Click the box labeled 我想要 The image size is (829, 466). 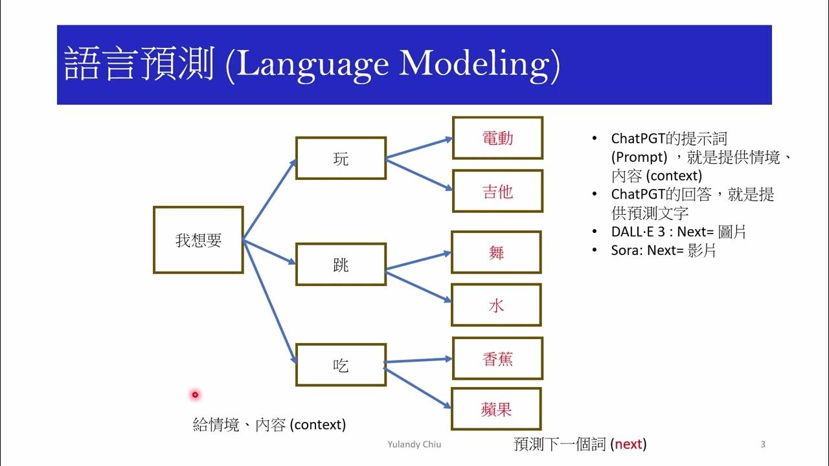tap(198, 240)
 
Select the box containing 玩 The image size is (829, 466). tap(341, 158)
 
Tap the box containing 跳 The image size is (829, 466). tap(341, 264)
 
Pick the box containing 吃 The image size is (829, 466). tap(341, 365)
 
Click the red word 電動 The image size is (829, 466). tap(497, 138)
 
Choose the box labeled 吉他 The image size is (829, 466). tap(497, 191)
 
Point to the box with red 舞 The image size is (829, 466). tap(496, 252)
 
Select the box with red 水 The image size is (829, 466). tap(496, 305)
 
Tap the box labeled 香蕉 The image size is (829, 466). tap(497, 359)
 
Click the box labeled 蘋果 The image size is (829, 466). tap(496, 409)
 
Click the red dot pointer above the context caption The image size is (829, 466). tap(194, 394)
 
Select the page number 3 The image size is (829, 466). tap(762, 444)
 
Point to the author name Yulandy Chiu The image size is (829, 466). tap(414, 445)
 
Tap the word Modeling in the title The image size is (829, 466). tap(479, 65)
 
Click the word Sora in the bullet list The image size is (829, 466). tap(625, 250)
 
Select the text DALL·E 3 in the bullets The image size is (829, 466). tap(637, 232)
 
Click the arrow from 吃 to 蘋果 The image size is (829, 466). tap(418, 386)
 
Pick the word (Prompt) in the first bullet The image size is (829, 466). tap(639, 157)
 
